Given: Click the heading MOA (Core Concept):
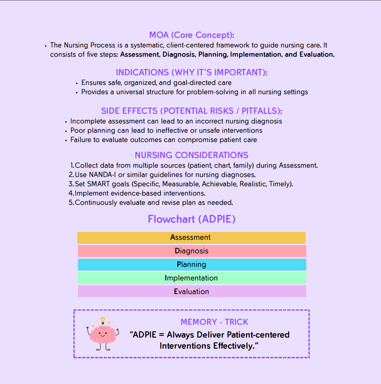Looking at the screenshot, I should click(192, 35).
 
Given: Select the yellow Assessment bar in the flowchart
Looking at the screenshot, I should click(191, 238).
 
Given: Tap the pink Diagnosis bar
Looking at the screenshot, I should click(192, 251).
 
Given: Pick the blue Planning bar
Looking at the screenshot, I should click(192, 265).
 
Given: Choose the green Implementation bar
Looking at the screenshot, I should click(192, 278).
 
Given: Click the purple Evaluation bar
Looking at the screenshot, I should click(192, 292).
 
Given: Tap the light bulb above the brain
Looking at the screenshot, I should click(103, 320).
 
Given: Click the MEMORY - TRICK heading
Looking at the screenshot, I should click(214, 322).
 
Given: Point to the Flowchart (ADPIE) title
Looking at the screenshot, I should click(192, 219).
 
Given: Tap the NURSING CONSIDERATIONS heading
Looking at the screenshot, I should click(192, 155).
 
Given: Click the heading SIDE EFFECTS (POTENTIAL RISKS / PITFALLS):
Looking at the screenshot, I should click(192, 111).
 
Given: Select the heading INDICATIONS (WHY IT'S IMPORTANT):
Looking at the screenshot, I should click(192, 72).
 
